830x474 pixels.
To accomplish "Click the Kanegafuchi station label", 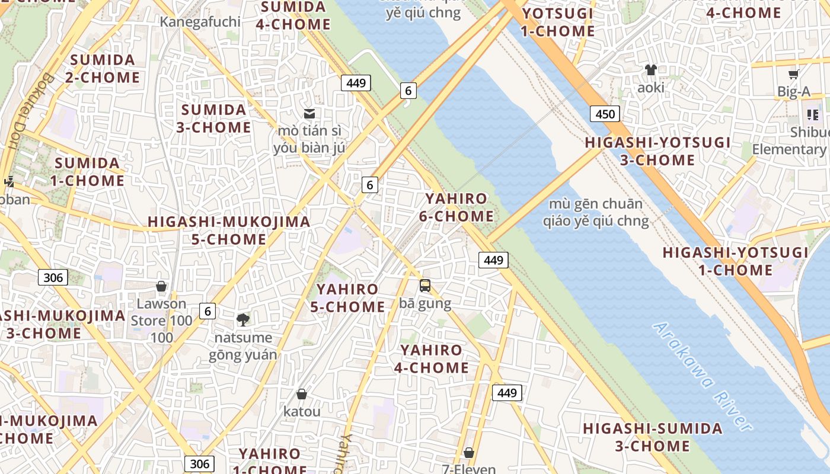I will coord(200,22).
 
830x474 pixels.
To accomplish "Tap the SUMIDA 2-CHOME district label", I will coord(105,69).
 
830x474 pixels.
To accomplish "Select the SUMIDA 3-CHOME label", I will coord(213,118).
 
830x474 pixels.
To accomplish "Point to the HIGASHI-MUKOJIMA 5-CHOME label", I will coord(229,230).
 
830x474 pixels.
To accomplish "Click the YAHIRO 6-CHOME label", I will coord(456,207).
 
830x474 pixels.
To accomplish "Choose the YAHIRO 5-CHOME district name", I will coord(347,298).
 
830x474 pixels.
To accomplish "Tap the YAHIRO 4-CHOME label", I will coord(431,358).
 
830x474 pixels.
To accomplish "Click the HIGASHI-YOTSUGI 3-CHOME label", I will coord(657,151).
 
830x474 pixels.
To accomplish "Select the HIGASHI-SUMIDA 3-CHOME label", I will coord(653,437).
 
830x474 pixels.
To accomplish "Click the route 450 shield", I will coord(605,114).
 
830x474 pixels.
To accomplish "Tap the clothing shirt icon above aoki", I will coord(651,70).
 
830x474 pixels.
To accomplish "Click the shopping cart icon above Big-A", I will coord(793,75).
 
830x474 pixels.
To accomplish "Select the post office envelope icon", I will coord(309,114).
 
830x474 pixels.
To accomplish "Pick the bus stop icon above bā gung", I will coord(425,286).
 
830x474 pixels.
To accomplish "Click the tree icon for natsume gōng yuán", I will coord(242,320).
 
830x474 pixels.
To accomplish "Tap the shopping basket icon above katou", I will coord(302,394).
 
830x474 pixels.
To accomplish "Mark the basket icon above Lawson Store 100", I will coord(161,287).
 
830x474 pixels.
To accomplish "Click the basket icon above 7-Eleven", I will coord(469,453).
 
